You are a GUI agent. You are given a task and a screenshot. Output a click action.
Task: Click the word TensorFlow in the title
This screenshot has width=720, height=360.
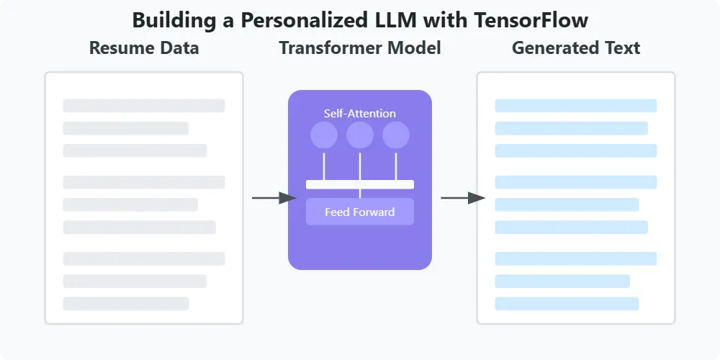[x=531, y=20]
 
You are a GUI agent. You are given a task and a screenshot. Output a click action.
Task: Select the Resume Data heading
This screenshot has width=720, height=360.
[x=144, y=48]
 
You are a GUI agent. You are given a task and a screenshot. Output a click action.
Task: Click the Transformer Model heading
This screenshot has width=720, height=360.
[x=360, y=48]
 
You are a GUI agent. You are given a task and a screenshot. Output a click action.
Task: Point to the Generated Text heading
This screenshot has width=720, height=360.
[x=576, y=48]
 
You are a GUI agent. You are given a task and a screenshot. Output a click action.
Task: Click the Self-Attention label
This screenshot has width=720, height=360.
[x=360, y=113]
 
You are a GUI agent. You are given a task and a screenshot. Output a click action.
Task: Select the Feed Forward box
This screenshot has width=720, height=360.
[x=360, y=212]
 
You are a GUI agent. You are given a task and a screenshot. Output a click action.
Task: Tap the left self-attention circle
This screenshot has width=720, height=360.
[x=324, y=135]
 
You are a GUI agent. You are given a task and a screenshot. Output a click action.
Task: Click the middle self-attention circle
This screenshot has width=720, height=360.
[x=360, y=135]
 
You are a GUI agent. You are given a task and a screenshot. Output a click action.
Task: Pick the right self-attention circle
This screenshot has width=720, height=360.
[x=396, y=135]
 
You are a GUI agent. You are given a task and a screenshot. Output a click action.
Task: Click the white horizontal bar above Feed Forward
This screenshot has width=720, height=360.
[x=360, y=184]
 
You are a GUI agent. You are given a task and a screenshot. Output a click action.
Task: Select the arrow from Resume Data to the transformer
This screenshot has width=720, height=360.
[x=274, y=197]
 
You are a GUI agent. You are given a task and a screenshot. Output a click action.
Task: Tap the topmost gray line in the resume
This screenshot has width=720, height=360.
[x=144, y=106]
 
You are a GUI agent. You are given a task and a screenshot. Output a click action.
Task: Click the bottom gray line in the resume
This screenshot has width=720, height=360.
[x=126, y=303]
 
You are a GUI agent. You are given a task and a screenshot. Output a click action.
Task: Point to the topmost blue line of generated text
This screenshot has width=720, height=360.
[x=576, y=106]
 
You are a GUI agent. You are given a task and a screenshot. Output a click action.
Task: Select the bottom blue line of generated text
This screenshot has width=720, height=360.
[x=567, y=303]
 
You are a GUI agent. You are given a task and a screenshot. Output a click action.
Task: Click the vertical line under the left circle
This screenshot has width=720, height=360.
[x=324, y=166]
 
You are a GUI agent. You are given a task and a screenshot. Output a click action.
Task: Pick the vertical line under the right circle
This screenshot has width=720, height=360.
[x=396, y=166]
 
